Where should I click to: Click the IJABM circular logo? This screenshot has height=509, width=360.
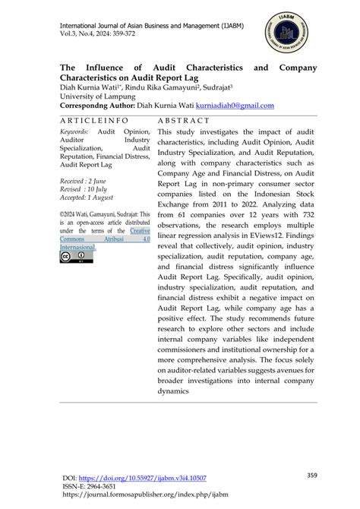(x=289, y=34)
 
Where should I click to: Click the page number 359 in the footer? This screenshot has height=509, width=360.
(x=311, y=476)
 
